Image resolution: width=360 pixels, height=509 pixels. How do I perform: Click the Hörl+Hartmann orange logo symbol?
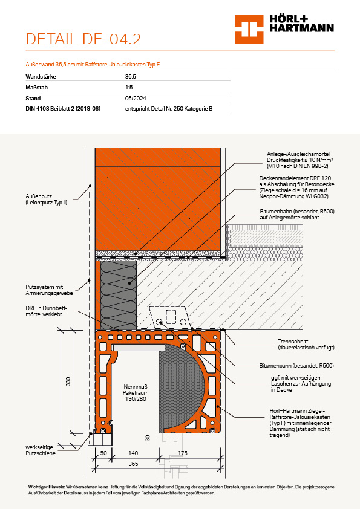[249, 29]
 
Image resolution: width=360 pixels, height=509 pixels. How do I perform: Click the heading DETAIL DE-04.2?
[83, 39]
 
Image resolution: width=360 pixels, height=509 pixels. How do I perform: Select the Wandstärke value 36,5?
[131, 77]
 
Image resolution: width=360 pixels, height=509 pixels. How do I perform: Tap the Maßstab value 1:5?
[129, 87]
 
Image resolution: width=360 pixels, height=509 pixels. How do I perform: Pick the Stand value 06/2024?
[136, 98]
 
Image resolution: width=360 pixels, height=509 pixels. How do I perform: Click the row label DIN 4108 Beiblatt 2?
[63, 109]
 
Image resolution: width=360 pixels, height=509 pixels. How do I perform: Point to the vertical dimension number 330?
[68, 381]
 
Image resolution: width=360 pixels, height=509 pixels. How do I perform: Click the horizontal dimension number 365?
[133, 464]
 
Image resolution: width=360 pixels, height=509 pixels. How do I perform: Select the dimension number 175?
[183, 453]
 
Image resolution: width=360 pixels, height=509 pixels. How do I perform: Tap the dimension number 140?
[133, 453]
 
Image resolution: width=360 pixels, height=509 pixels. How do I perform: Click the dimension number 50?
[103, 453]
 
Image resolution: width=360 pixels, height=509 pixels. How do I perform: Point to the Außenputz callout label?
[47, 199]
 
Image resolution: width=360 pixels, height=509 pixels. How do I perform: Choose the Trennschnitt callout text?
[306, 345]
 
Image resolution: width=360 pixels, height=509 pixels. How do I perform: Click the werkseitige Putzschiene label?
[41, 450]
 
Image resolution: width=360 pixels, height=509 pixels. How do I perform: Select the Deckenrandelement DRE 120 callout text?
[296, 187]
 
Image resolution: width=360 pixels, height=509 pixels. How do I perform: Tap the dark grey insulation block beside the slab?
[118, 295]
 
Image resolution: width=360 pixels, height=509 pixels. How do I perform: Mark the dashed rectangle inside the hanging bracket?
[171, 317]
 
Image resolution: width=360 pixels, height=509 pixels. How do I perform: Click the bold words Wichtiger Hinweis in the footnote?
[47, 487]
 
